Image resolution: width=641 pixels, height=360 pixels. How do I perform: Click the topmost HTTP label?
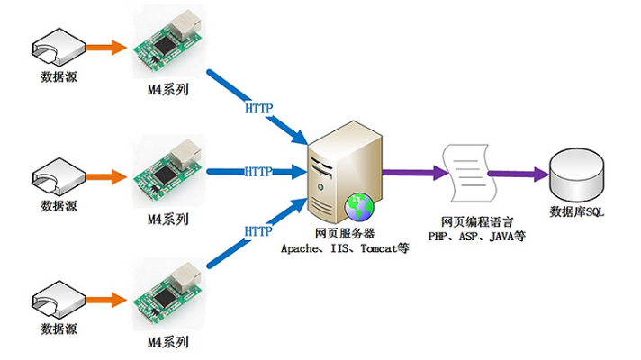(x=259, y=109)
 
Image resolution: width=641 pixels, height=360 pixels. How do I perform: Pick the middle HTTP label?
(x=259, y=171)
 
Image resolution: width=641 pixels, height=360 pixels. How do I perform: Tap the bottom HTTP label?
(x=259, y=231)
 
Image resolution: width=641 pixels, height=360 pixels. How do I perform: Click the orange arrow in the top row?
(x=108, y=46)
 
